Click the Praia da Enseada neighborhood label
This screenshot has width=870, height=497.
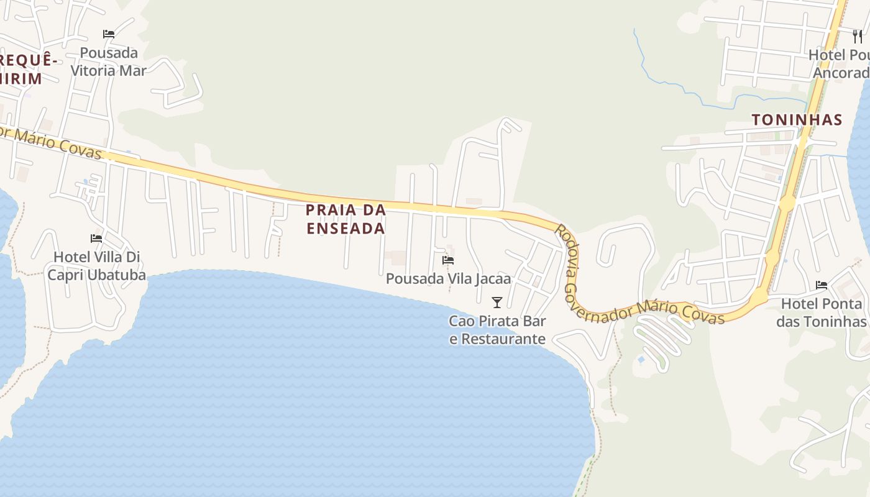coord(346,219)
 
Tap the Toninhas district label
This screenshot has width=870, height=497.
coord(797,120)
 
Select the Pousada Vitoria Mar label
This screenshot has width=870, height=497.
coord(109,62)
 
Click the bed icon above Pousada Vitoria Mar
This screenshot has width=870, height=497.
coord(109,34)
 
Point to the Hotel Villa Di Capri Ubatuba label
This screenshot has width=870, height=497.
coord(97,266)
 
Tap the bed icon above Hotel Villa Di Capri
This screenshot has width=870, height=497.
coord(96,238)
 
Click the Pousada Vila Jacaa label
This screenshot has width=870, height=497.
coord(448,278)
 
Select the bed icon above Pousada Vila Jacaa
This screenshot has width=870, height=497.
coord(448,260)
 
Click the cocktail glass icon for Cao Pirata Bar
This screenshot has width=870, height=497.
coord(497,303)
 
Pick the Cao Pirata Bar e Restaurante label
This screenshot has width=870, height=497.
coord(497,330)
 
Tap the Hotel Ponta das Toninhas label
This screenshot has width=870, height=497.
coord(822,312)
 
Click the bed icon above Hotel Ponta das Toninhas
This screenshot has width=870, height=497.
coord(822,285)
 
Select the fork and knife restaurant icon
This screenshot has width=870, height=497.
coord(858,36)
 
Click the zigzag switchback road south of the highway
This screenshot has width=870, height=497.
coord(662,339)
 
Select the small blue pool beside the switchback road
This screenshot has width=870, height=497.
coord(641,360)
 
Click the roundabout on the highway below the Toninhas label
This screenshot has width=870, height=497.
coord(787,203)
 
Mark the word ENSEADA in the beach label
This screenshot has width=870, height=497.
coord(346,228)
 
